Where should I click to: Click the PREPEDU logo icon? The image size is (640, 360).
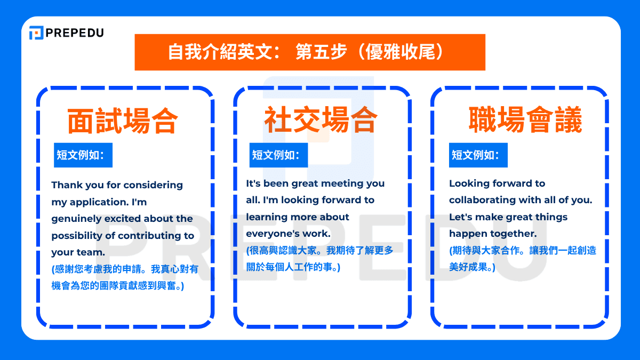(36, 33)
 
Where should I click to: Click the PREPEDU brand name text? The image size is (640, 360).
(75, 33)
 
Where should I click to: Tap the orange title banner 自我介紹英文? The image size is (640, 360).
(309, 52)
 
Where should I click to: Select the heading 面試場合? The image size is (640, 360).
(123, 121)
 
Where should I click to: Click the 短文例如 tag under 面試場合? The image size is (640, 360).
(83, 155)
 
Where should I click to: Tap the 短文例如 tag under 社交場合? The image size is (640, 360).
(279, 155)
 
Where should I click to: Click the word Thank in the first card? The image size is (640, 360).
(65, 185)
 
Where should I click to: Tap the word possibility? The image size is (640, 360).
(76, 236)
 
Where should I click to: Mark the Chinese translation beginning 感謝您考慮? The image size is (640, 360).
(125, 277)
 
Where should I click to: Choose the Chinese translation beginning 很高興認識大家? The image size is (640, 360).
(319, 258)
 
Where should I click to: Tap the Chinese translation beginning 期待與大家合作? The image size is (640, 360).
(523, 258)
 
